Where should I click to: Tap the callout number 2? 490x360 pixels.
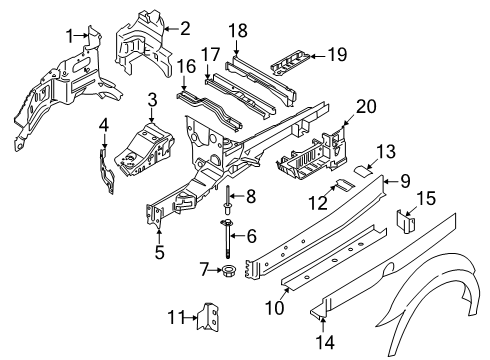(x=184, y=27)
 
